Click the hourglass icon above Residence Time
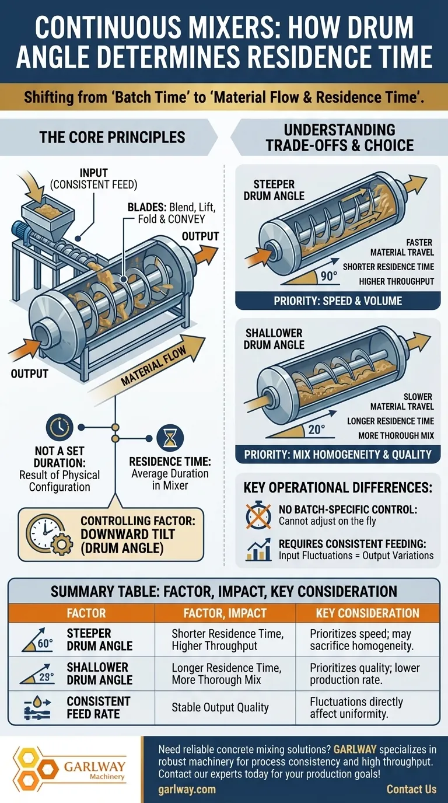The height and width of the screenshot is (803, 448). click(x=171, y=437)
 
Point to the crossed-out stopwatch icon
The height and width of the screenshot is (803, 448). click(x=258, y=515)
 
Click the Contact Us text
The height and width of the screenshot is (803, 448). click(x=411, y=789)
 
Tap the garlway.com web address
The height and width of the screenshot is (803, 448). click(x=187, y=789)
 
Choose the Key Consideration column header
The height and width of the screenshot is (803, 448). click(x=367, y=613)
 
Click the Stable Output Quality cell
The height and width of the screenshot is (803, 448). click(x=220, y=707)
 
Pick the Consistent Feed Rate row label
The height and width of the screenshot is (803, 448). click(x=99, y=707)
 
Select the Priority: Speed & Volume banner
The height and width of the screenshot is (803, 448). click(x=337, y=302)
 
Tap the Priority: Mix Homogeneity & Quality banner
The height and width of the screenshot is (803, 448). click(x=337, y=455)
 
